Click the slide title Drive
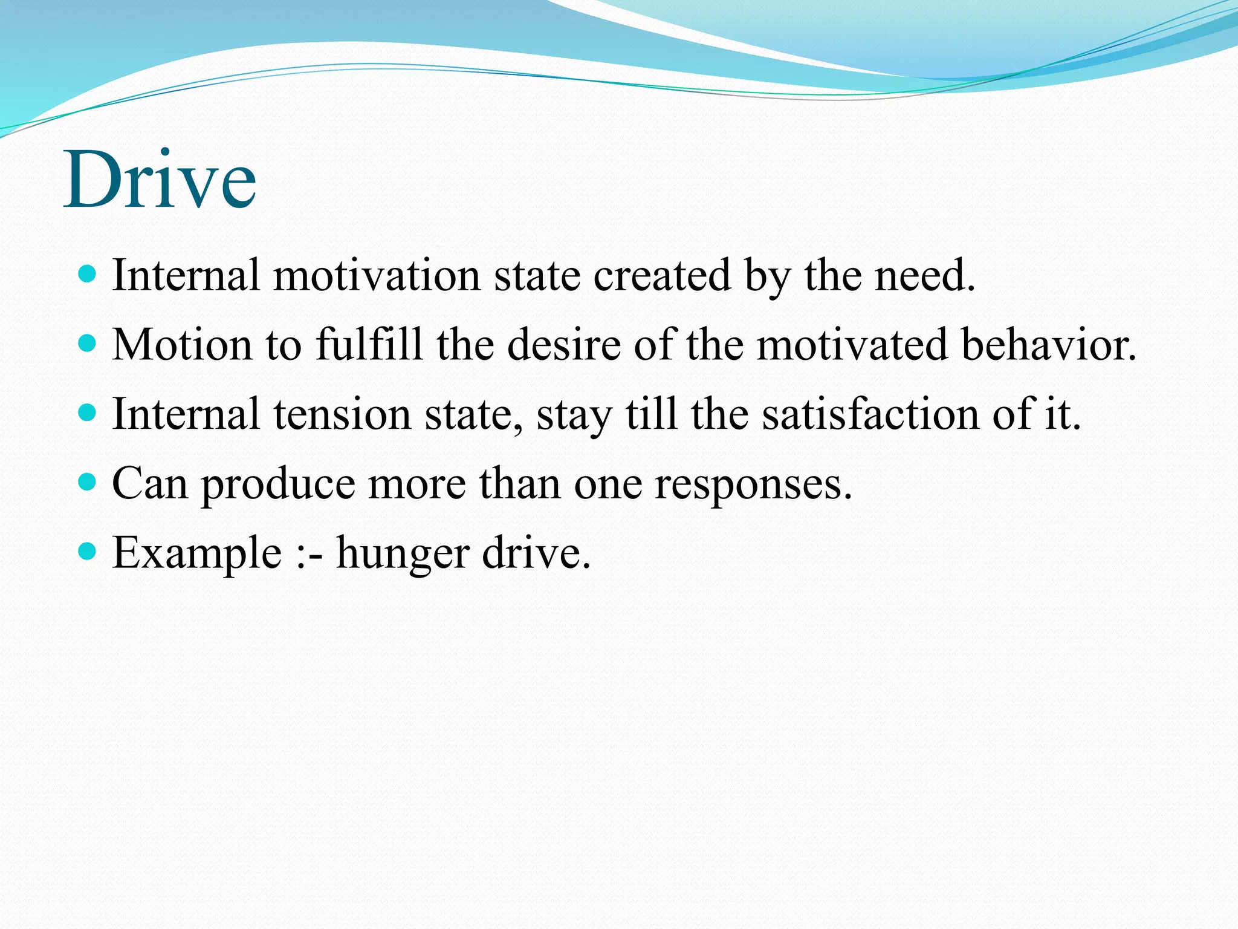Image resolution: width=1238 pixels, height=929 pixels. click(x=160, y=180)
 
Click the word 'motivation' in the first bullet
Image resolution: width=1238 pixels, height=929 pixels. click(x=376, y=276)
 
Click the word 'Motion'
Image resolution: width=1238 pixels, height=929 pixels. click(x=182, y=345)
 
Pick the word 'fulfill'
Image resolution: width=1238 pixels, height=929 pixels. click(x=369, y=345)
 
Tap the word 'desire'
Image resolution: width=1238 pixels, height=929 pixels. click(x=563, y=345)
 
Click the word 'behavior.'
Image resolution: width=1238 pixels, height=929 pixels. click(x=1049, y=345)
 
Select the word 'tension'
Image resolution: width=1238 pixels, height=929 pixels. click(x=342, y=415)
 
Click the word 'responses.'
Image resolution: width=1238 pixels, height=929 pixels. click(x=753, y=484)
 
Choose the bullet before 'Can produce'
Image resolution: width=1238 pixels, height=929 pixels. click(x=88, y=483)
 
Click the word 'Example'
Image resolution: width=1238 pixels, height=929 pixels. click(x=197, y=554)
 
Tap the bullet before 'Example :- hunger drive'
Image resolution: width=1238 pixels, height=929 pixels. click(x=88, y=552)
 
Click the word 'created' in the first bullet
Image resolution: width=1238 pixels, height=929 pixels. click(x=661, y=276)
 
